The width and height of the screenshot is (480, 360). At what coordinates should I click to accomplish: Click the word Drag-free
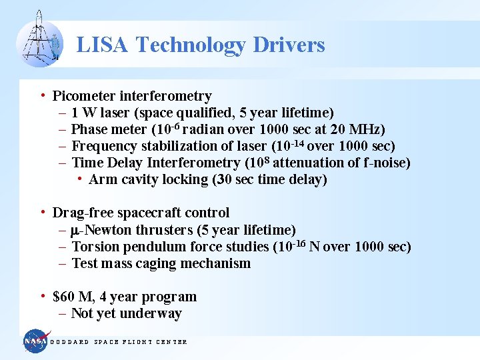pos(79,213)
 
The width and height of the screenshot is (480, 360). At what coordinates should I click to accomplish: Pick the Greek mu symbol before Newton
pos(75,231)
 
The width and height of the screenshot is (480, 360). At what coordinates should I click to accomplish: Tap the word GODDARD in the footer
pos(70,342)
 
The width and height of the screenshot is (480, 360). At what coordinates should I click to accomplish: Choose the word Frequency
pos(102,146)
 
